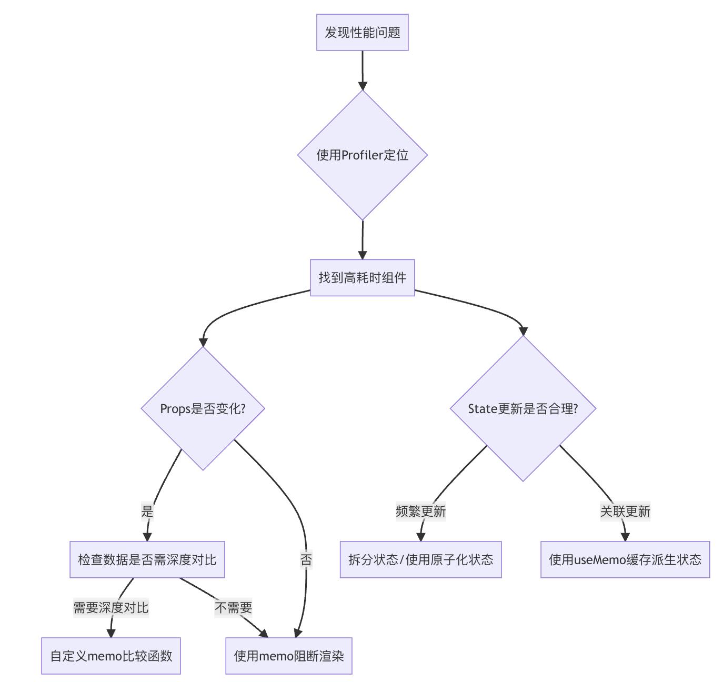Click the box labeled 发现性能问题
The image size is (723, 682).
coord(362,33)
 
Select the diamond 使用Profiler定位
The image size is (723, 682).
coord(362,155)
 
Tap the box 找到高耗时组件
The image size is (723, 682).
coord(362,278)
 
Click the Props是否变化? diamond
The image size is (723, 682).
coord(203,408)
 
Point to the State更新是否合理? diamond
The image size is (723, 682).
coord(523,408)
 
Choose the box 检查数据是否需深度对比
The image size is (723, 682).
coord(147,559)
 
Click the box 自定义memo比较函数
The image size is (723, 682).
coord(111,656)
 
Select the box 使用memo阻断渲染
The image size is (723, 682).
coord(289,656)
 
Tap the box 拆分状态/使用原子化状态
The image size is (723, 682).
coord(420,559)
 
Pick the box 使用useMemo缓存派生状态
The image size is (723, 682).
coord(625,559)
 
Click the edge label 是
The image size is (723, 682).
coord(147,511)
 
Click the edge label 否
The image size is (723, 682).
coord(306,559)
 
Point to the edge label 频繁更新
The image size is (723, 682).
coord(420,511)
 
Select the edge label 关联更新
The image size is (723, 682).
coord(625,511)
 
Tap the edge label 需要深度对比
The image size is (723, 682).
coord(111,608)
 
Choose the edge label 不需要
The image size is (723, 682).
coord(234,608)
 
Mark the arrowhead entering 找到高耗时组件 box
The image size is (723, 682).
coord(363,255)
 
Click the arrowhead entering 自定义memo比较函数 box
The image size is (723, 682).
coord(111,633)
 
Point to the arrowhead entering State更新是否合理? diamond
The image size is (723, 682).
coord(523,332)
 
